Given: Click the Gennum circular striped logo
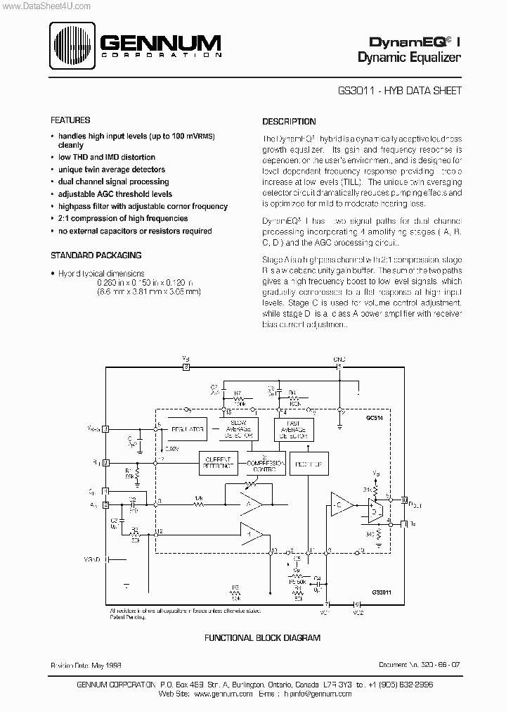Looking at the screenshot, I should click(74, 46).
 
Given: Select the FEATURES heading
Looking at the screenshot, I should click(70, 120).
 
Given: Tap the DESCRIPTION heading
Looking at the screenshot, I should click(289, 121).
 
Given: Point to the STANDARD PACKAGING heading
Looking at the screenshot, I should click(96, 255).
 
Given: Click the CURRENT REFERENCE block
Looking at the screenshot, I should click(220, 460).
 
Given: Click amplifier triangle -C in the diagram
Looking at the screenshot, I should click(341, 504).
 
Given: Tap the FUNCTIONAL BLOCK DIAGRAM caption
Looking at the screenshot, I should click(262, 637).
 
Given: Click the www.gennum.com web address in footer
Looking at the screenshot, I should click(223, 693).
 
